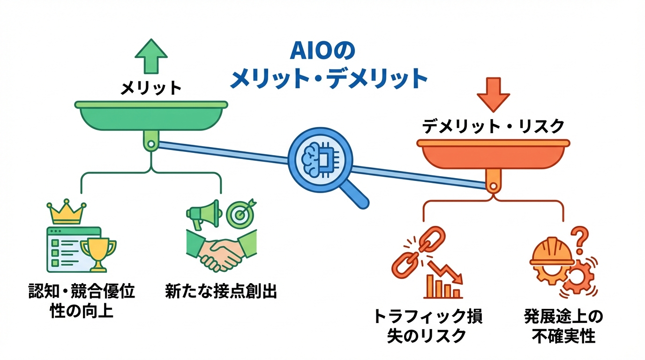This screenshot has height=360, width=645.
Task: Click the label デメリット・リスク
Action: pos(493,126)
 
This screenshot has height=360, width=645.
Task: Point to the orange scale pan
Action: pos(493,154)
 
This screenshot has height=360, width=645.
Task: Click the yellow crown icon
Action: pos(67,214)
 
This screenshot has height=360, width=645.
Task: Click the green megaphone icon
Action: pos(202,214)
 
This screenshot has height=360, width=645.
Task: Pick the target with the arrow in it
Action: pos(241,213)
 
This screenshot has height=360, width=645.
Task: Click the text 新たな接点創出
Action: pos(221,292)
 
